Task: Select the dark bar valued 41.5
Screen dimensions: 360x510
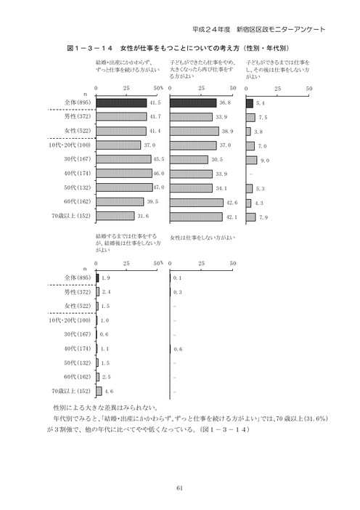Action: [x=121, y=103]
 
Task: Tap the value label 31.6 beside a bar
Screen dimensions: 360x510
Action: [x=142, y=216]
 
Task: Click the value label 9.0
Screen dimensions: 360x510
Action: [x=264, y=160]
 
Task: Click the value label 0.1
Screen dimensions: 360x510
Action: [x=177, y=278]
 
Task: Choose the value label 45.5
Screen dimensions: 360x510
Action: [x=159, y=160]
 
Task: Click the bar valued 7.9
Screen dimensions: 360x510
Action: [x=251, y=216]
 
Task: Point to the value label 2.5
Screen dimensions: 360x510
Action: [x=106, y=377]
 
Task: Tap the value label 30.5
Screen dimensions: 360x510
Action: [x=216, y=160]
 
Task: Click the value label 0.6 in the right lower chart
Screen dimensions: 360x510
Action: [x=178, y=349]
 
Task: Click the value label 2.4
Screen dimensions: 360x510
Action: [x=106, y=292]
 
